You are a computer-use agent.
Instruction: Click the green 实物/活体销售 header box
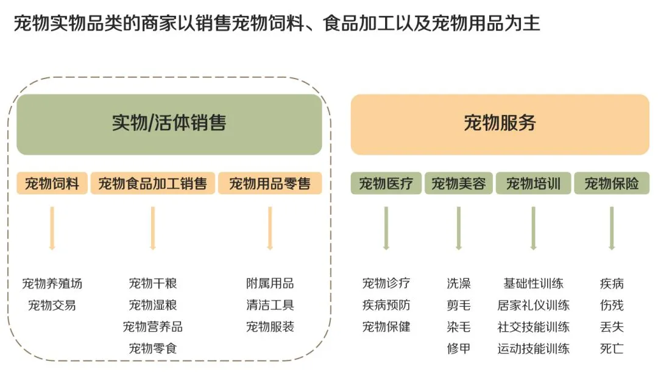pyautogui.click(x=169, y=124)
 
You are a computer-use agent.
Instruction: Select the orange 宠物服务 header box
pyautogui.click(x=500, y=124)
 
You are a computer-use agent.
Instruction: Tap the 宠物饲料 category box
pyautogui.click(x=52, y=183)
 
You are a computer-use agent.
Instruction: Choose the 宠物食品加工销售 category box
pyautogui.click(x=153, y=183)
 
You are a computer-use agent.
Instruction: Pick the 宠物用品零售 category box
pyautogui.click(x=270, y=183)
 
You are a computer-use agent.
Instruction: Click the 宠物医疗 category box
pyautogui.click(x=386, y=183)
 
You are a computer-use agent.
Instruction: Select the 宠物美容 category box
pyautogui.click(x=459, y=183)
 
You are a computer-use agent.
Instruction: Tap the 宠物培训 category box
pyautogui.click(x=533, y=183)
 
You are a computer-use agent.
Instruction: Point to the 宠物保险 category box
pyautogui.click(x=612, y=183)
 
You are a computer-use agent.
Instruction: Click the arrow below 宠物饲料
pyautogui.click(x=52, y=228)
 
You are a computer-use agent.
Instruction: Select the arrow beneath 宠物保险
pyautogui.click(x=612, y=228)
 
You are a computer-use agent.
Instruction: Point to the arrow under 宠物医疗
pyautogui.click(x=386, y=228)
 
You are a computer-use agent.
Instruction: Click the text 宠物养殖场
pyautogui.click(x=52, y=284)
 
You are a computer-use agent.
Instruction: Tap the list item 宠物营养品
pyautogui.click(x=153, y=327)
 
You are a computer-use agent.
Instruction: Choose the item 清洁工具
pyautogui.click(x=270, y=305)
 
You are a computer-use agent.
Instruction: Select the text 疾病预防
pyautogui.click(x=386, y=305)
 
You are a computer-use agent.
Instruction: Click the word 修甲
pyautogui.click(x=459, y=349)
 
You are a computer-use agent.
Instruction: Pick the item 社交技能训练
pyautogui.click(x=533, y=327)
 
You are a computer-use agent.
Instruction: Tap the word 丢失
pyautogui.click(x=612, y=327)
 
